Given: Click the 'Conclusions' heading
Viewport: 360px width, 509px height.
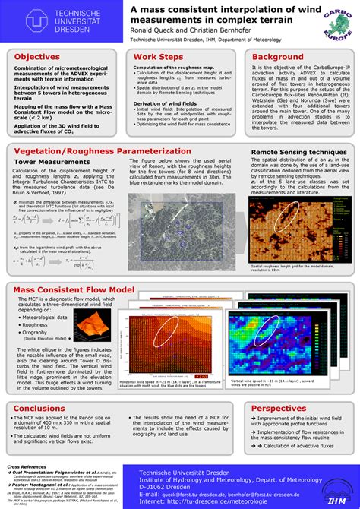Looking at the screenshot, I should point(39,408).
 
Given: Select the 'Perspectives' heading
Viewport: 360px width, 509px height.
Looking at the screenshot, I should point(279,408).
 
